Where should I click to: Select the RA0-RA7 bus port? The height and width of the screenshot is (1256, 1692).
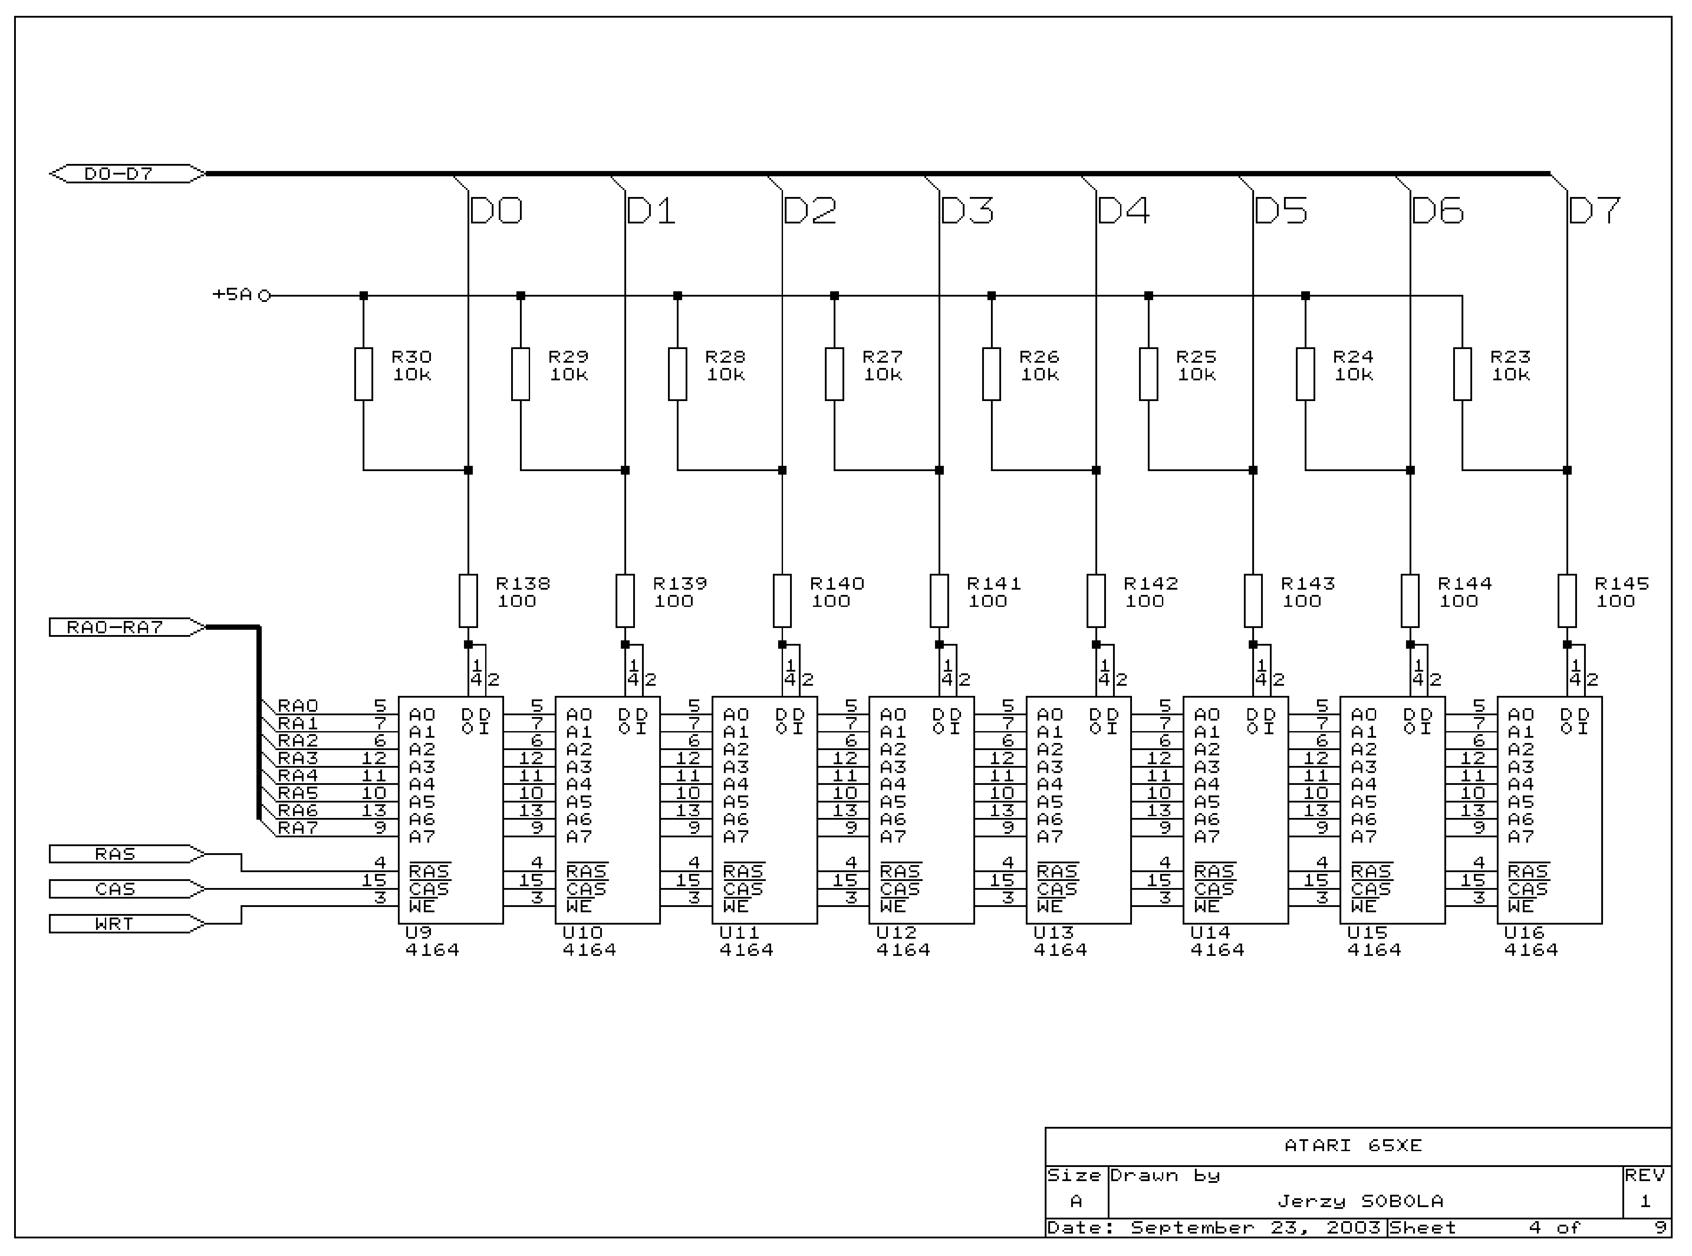pos(115,627)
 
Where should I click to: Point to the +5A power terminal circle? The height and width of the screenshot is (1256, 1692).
pos(264,296)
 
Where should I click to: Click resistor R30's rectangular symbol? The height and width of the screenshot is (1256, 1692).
pos(364,374)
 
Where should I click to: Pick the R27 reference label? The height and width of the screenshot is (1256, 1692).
pos(882,357)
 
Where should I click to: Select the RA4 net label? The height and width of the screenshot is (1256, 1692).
pos(298,776)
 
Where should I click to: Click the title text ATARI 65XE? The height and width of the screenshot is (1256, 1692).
pos(1353,1145)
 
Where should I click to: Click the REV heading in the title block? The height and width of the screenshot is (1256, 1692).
pos(1645,1175)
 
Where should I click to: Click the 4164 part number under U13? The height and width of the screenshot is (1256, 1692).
pos(1060,950)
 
